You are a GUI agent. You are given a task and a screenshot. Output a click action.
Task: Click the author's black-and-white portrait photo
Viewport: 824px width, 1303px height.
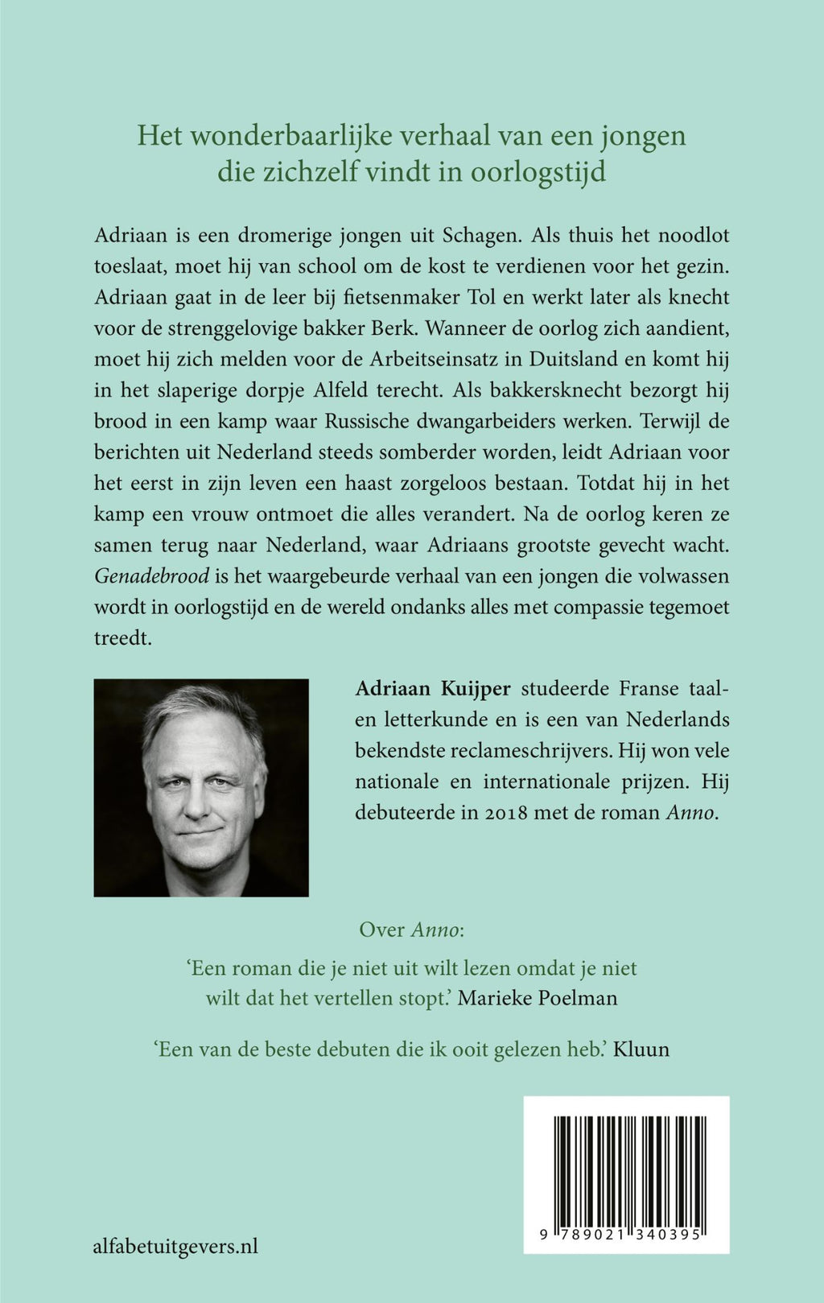click(x=201, y=787)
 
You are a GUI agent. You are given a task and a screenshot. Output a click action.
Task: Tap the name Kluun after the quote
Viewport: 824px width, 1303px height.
click(x=641, y=1049)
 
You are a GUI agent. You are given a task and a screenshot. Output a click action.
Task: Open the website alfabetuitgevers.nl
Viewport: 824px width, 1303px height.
click(x=175, y=1247)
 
